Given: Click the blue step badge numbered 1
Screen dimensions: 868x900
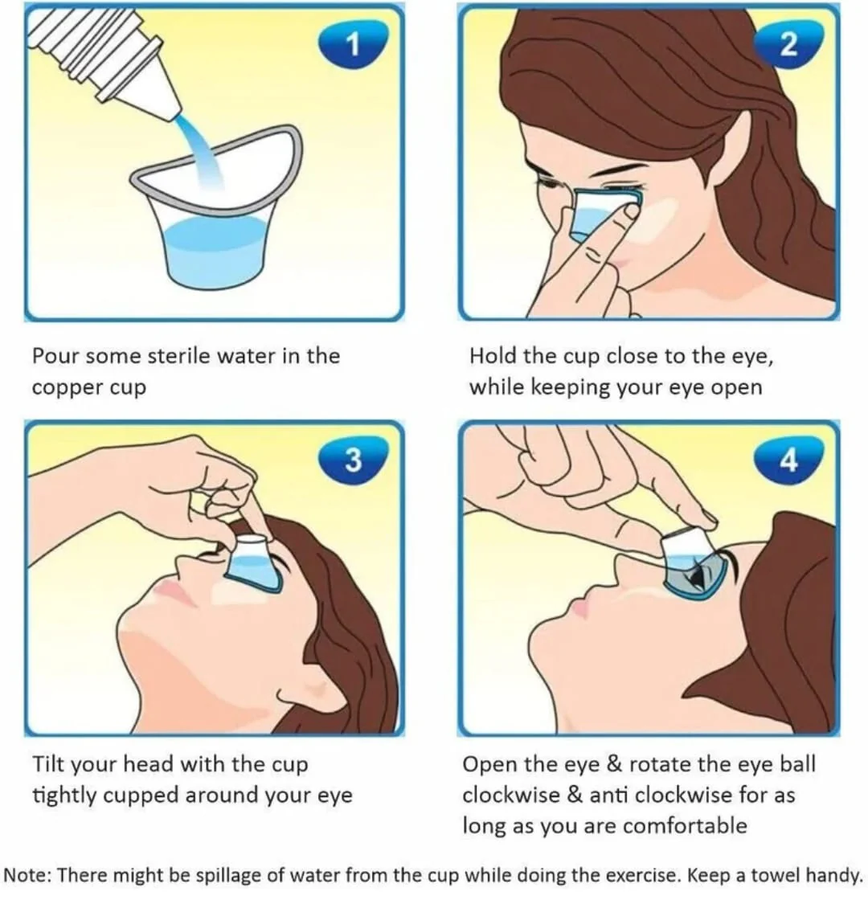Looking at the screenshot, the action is pos(353,44).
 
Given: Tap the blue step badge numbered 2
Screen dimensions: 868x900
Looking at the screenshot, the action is pos(788,44).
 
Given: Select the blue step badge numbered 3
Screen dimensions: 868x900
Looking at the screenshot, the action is pos(353,459).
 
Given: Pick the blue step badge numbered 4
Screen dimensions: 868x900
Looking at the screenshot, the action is pos(788,459).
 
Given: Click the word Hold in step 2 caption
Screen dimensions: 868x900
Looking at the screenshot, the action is pos(493,356).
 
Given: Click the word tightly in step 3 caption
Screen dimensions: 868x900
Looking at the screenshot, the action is pos(63,796).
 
